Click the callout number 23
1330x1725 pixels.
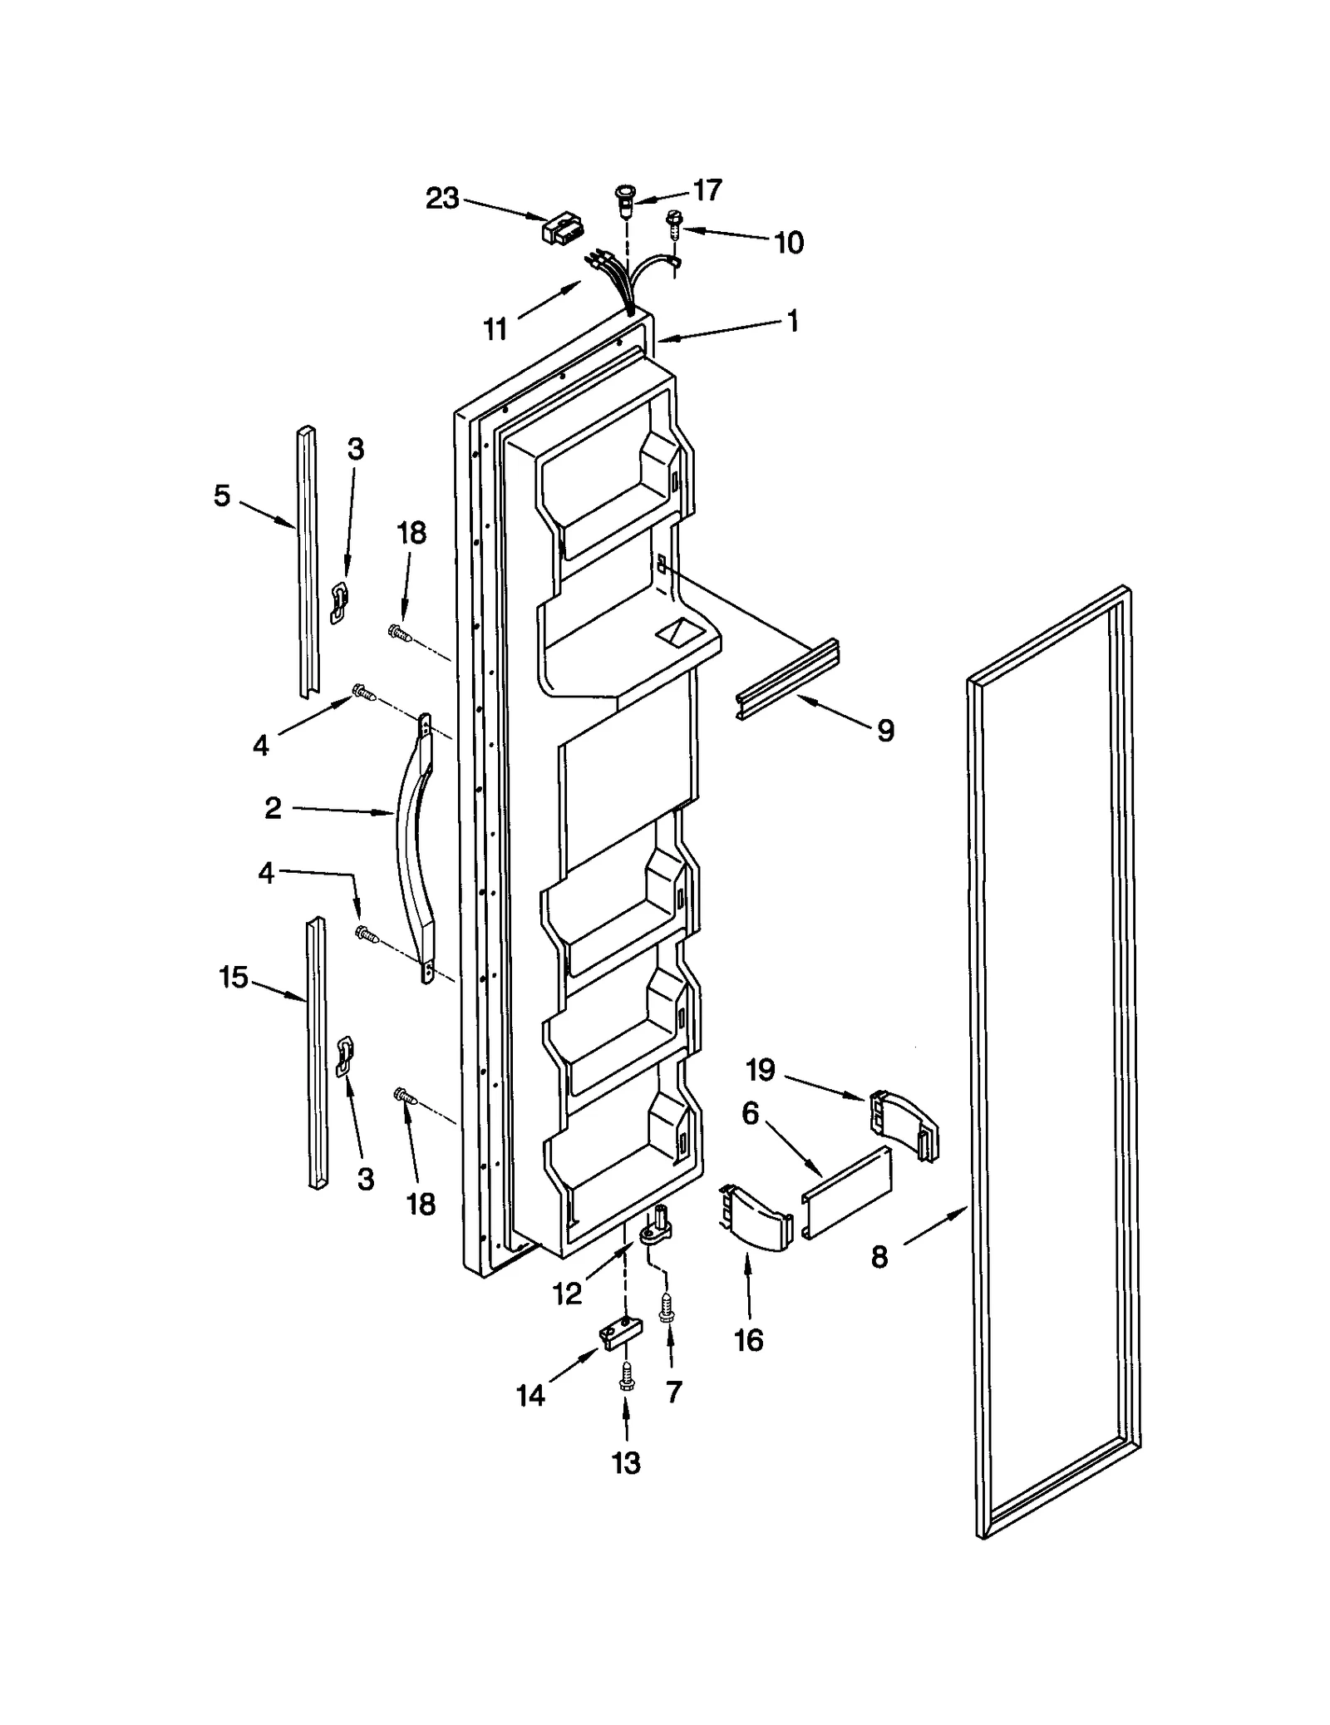(442, 199)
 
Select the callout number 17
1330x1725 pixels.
(707, 190)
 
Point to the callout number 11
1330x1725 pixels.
(495, 330)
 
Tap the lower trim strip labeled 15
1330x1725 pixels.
(317, 1052)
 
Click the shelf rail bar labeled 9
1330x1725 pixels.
(786, 679)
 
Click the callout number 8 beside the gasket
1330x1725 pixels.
(879, 1257)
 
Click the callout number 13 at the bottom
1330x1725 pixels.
(626, 1462)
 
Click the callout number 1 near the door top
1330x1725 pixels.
(792, 320)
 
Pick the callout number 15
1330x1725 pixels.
(234, 978)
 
